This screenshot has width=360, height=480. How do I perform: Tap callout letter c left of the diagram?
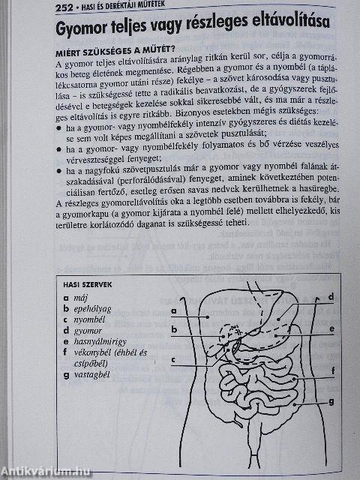[173, 359]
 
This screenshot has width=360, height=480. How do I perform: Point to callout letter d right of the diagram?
[331, 297]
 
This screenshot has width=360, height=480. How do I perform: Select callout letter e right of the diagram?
[331, 328]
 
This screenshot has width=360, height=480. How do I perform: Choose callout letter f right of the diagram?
[331, 370]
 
